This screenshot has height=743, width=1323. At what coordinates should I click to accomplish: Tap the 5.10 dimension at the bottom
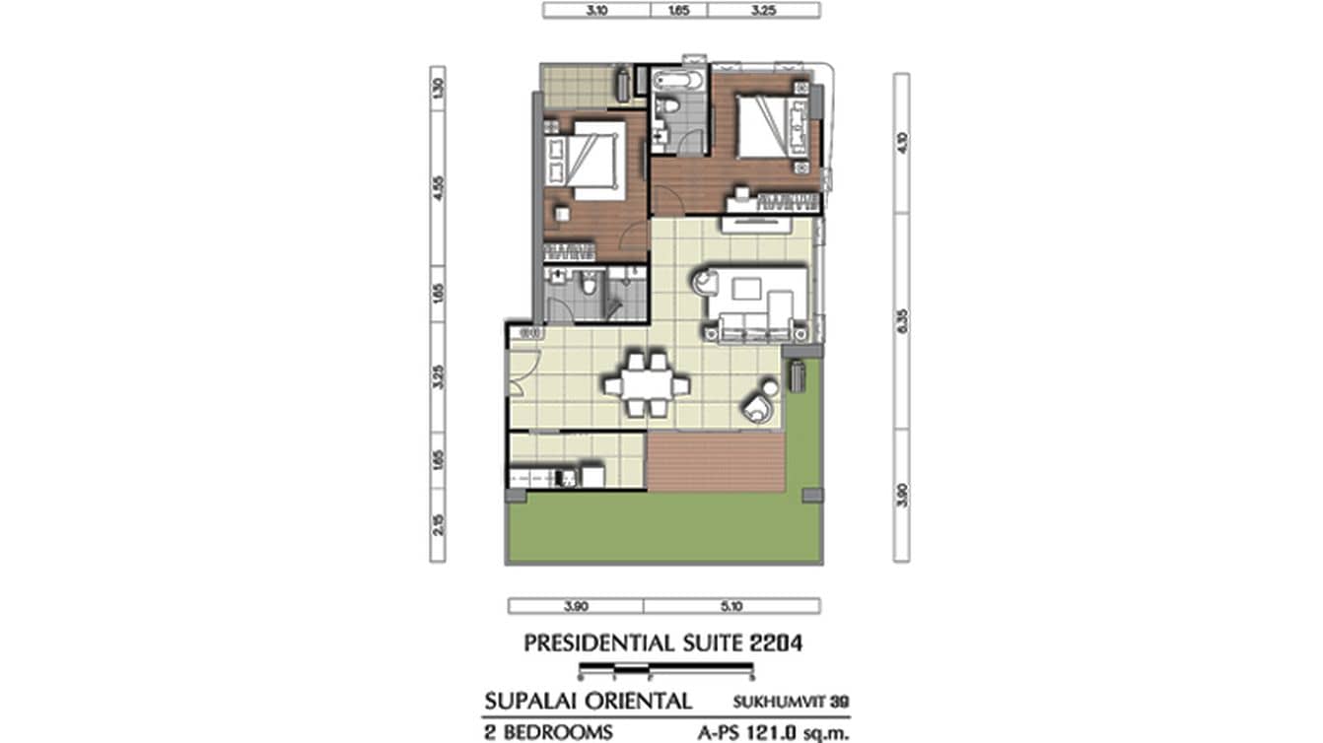point(731,606)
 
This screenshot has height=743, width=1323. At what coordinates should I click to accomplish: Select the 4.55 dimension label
point(437,187)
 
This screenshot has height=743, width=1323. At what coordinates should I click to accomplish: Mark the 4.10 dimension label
point(901,144)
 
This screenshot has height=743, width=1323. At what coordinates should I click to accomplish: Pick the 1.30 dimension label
point(437,87)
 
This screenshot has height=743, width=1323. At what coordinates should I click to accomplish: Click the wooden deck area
point(716,461)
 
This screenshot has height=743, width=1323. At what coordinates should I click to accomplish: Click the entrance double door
point(520,372)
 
